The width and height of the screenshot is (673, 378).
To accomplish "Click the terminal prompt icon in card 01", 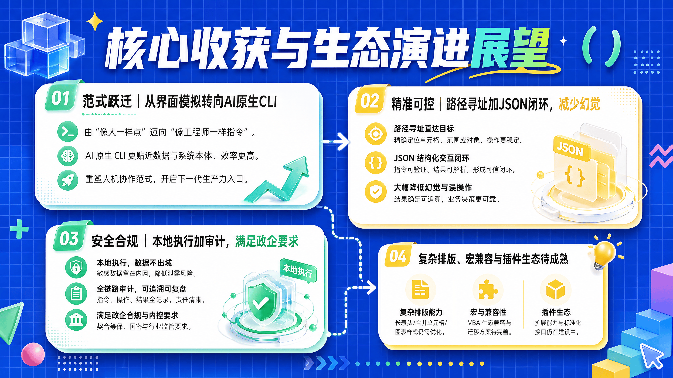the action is tap(68, 132).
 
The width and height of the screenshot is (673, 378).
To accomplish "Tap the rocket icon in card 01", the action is tap(68, 180).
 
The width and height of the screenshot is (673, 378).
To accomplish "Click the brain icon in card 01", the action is tap(68, 156).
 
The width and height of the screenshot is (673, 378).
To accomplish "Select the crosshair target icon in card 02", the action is tap(375, 134).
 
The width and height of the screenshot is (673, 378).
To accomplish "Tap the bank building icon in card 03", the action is tap(76, 320).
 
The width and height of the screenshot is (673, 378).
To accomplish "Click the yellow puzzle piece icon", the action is tap(488, 289).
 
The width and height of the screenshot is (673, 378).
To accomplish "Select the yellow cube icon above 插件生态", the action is tap(556, 290).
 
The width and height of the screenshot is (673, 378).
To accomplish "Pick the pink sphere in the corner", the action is tap(33, 354).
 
